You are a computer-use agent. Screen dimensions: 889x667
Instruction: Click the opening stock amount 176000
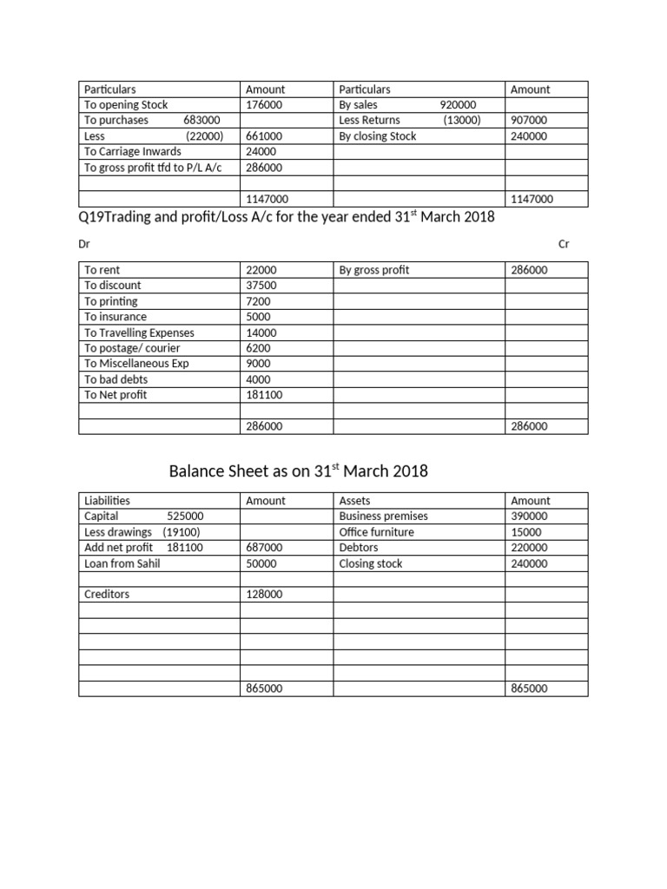pos(263,105)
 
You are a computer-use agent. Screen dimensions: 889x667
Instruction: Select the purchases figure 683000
pos(202,121)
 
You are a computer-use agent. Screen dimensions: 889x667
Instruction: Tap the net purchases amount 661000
pos(263,136)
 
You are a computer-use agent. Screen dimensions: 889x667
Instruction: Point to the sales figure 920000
pos(458,105)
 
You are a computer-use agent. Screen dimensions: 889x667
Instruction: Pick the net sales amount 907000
pos(530,121)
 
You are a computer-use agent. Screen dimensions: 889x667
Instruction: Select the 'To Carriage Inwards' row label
pos(132,152)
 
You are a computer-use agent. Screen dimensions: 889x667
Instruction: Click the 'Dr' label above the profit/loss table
pos(83,244)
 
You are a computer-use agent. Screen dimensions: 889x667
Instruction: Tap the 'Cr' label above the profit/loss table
pos(564,244)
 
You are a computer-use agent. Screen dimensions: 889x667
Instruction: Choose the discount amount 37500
pos(261,286)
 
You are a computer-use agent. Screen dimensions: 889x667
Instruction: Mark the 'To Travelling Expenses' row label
pos(139,333)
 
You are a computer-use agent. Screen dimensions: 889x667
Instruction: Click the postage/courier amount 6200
pos(258,348)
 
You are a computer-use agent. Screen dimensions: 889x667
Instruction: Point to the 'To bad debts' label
pos(116,379)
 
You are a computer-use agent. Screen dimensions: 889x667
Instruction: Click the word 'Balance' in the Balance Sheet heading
pos(196,471)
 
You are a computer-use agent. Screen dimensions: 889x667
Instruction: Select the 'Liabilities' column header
pos(107,501)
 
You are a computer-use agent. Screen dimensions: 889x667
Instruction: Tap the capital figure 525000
pos(185,517)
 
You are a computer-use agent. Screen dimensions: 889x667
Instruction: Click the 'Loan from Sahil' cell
pos(122,563)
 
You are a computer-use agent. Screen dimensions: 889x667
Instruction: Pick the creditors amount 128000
pos(263,595)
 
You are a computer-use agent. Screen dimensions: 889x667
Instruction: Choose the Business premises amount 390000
pos(530,517)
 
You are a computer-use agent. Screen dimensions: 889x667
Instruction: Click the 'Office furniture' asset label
pos(376,532)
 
